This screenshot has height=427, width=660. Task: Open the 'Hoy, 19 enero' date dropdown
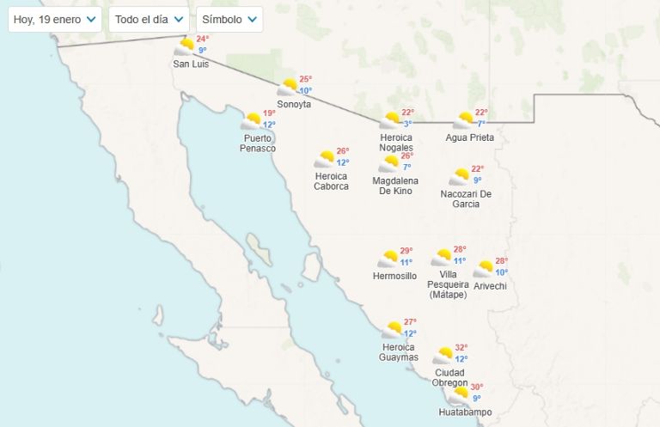point(54,19)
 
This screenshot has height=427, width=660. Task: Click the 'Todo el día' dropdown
point(150,19)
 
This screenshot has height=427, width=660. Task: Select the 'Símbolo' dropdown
point(229,19)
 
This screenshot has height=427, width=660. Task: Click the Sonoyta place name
point(294,105)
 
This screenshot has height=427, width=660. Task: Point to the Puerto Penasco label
point(258,143)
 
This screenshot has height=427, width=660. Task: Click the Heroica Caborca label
point(331,181)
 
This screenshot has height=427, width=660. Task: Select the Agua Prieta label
point(469,137)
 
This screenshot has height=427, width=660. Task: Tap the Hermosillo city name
point(394,277)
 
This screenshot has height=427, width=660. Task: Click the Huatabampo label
point(465,412)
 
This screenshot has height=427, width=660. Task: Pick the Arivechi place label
point(490,286)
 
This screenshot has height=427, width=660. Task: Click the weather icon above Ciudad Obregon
point(443,354)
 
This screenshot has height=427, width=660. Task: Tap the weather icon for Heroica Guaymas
point(393,329)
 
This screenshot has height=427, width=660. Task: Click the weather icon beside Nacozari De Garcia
point(459,176)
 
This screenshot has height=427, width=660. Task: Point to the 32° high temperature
point(461,347)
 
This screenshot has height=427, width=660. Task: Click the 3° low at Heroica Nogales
point(407,124)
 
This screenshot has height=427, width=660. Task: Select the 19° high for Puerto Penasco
point(269,113)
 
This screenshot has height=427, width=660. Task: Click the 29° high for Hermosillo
point(406,251)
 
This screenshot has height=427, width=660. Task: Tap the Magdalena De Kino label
point(395,186)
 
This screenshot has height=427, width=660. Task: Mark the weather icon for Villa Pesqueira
point(442,257)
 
